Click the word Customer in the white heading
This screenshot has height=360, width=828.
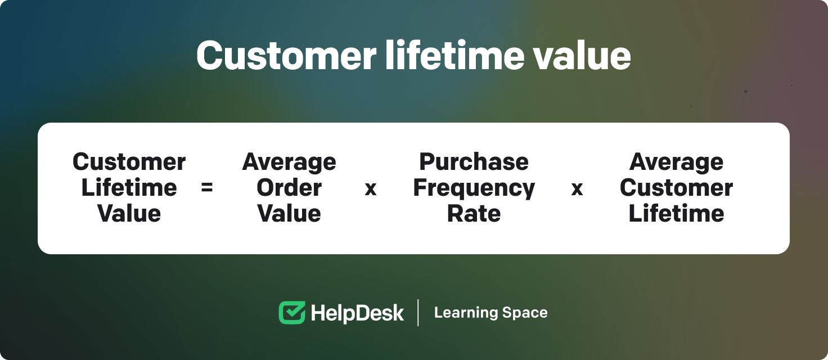286,56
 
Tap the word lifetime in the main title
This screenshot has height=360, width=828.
454,55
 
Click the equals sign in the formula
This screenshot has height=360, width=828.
206,187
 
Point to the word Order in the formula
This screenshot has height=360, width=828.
289,188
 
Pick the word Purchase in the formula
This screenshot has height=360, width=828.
474,162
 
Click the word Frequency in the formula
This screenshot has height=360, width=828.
474,188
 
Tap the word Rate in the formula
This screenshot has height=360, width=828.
474,214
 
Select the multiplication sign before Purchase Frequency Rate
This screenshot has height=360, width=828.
370,189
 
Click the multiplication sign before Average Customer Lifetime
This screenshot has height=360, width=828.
577,189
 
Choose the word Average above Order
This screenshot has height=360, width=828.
289,163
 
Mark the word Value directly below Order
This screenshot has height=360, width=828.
289,214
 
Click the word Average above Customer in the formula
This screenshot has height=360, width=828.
676,163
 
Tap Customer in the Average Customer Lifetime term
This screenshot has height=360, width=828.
676,188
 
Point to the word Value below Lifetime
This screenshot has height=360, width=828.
129,214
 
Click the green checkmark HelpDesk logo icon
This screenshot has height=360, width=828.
292,313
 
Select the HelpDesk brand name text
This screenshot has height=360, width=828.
357,313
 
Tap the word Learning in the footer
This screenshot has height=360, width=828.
465,313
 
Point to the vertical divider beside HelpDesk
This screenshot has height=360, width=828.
418,313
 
